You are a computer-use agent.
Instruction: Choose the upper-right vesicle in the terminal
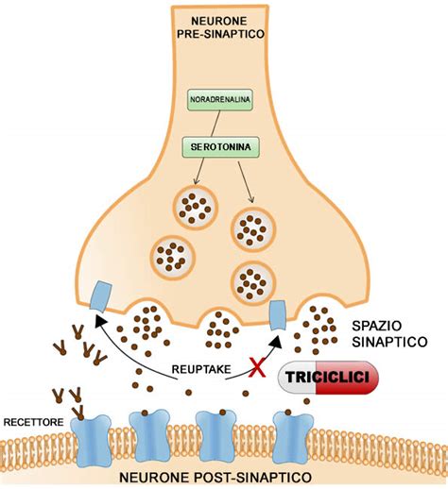(x=251, y=227)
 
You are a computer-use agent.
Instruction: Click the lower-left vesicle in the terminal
(x=175, y=253)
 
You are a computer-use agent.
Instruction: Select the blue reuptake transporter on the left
(x=100, y=295)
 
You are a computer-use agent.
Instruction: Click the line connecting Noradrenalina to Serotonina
(x=219, y=124)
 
